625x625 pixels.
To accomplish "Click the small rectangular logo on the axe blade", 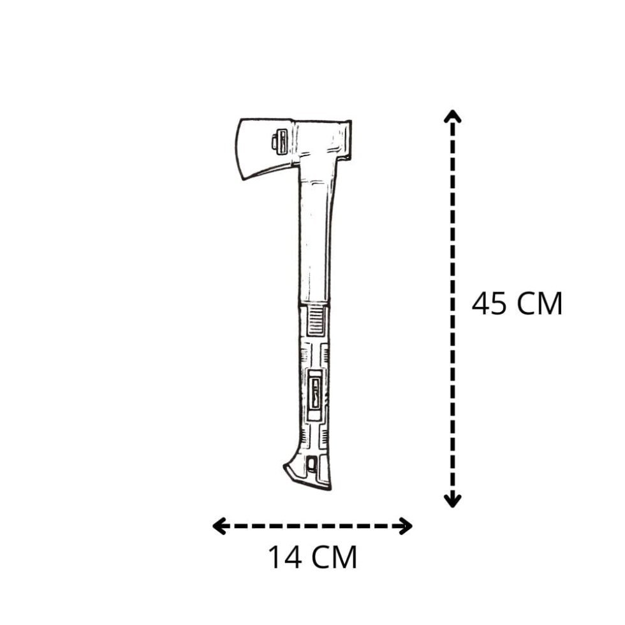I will [279, 142].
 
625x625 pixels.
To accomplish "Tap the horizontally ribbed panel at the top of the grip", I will [315, 320].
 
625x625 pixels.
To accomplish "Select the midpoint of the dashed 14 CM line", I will [312, 526].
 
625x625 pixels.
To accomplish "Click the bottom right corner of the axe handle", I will [330, 488].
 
